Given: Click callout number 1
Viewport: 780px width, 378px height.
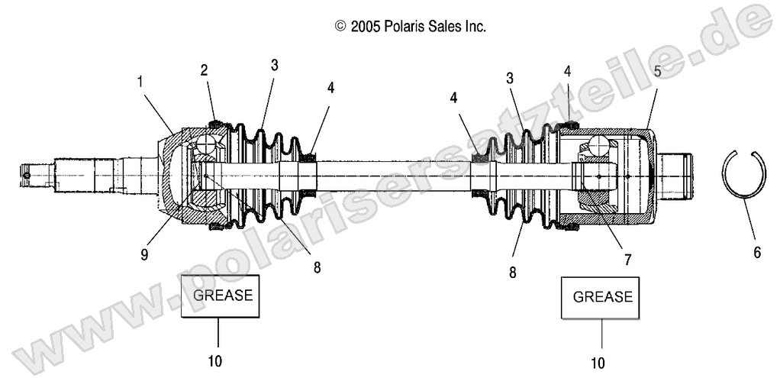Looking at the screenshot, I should (x=139, y=79).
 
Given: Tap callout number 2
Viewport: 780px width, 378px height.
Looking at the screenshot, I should (x=204, y=70).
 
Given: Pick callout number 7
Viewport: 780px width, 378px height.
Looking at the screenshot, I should (x=627, y=259).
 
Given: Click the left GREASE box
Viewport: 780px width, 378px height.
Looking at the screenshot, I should (x=221, y=295).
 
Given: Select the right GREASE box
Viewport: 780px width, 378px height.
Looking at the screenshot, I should (x=602, y=296).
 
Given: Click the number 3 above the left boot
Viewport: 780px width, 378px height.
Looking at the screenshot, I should (x=274, y=65).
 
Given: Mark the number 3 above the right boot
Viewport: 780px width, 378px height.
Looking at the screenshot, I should (x=509, y=78).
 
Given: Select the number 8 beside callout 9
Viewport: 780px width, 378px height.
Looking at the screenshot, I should (x=317, y=267).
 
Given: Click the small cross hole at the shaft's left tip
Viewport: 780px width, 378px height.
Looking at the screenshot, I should (x=27, y=176).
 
